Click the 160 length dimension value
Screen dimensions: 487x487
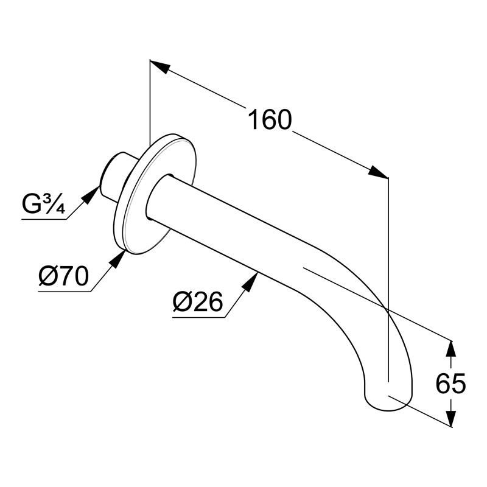[x=270, y=119]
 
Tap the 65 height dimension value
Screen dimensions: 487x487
[x=451, y=384]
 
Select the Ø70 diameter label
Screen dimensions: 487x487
[x=63, y=278]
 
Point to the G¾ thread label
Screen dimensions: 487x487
[x=43, y=205]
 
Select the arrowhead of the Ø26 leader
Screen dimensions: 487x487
[x=251, y=281]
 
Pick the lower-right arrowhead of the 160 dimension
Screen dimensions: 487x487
[x=379, y=172]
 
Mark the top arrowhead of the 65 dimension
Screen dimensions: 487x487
[x=450, y=348]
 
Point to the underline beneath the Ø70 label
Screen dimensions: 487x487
[x=65, y=292]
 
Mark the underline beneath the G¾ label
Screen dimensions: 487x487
[x=44, y=219]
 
